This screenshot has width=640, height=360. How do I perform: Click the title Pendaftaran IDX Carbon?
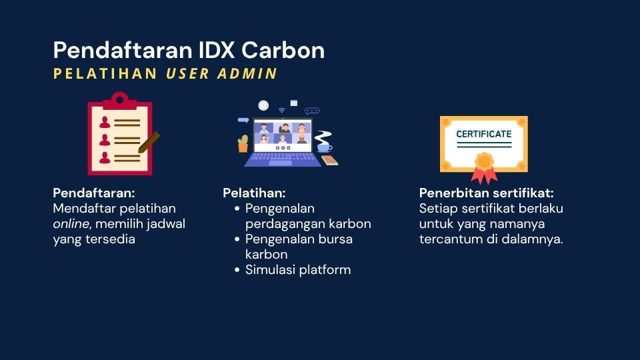189,50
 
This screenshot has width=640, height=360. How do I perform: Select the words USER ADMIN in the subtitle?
221,73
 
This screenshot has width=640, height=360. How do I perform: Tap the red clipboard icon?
120,134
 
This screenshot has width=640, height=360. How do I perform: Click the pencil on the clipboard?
149,143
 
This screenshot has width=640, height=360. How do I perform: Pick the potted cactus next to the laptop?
243,144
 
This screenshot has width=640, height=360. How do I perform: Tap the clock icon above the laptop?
263,106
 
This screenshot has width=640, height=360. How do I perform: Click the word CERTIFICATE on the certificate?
484,134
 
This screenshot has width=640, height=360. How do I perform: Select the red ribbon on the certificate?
484,175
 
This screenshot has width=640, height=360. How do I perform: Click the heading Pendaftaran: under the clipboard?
94,193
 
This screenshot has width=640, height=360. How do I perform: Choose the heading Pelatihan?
254,193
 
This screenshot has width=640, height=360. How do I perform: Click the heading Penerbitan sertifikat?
486,193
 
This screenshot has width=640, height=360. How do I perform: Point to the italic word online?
71,224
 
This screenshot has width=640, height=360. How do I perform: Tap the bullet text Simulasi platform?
298,270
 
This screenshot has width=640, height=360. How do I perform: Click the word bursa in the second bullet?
335,239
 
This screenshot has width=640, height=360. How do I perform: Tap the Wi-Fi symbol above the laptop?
281,110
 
